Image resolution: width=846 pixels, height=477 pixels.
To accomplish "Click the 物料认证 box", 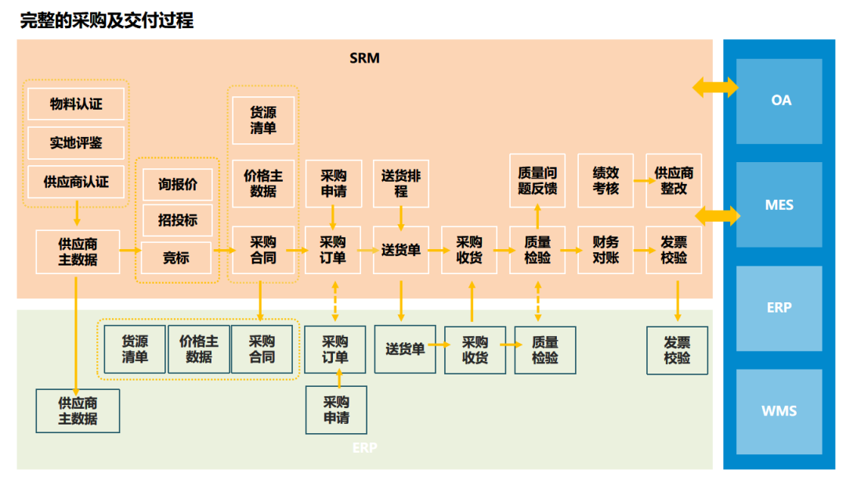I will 76,104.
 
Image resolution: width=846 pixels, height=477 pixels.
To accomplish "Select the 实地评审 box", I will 76,143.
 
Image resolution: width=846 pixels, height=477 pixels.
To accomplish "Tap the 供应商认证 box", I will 76,182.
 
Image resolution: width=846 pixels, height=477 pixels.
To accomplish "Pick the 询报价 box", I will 178,185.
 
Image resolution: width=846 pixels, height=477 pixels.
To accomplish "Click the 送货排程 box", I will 401,184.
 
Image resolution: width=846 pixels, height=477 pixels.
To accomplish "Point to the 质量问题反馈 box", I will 537,181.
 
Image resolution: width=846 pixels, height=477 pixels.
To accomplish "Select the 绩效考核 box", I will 606,181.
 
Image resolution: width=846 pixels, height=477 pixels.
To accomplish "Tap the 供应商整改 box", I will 674,181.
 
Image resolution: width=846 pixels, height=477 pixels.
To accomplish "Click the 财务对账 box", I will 606,250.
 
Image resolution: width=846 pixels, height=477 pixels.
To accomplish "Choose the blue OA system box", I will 781,101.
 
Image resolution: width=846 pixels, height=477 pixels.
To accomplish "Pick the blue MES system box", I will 779,205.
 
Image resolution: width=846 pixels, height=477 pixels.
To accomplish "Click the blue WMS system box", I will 779,411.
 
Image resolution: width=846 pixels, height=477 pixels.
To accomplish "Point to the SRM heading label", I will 364,58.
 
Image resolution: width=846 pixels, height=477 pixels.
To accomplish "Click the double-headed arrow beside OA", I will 715,86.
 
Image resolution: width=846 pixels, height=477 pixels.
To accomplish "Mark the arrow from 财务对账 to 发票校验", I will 645,250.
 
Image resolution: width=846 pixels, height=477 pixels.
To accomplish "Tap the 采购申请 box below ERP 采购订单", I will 336,410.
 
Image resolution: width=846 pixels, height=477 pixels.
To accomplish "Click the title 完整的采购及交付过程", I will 107,21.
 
